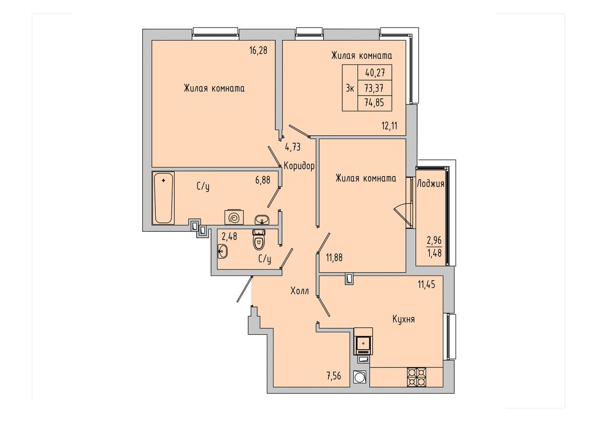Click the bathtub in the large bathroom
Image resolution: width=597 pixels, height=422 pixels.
pyautogui.click(x=163, y=198)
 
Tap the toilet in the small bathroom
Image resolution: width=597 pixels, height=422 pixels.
pyautogui.click(x=258, y=240)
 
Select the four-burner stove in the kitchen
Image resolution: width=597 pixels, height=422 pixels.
pyautogui.click(x=417, y=377)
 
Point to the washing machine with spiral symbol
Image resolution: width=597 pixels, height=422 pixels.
pyautogui.click(x=234, y=217)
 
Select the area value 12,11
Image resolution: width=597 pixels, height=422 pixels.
pyautogui.click(x=389, y=125)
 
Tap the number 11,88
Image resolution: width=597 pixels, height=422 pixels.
pyautogui.click(x=334, y=258)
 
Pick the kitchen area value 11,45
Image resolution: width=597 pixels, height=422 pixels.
pyautogui.click(x=426, y=284)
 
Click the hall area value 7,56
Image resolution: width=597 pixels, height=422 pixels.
pyautogui.click(x=333, y=376)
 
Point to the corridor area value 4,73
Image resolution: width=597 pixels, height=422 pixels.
pyautogui.click(x=293, y=147)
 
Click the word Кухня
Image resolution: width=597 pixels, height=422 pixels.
pyautogui.click(x=403, y=319)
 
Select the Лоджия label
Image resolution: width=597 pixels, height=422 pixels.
pyautogui.click(x=430, y=184)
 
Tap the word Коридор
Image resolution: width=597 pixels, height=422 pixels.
pyautogui.click(x=299, y=166)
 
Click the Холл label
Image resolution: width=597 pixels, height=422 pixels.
pyautogui.click(x=299, y=291)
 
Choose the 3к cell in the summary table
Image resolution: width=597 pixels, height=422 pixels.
pyautogui.click(x=350, y=88)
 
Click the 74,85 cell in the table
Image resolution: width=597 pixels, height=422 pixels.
pyautogui.click(x=375, y=103)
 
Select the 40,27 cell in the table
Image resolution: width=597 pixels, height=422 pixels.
pyautogui.click(x=375, y=72)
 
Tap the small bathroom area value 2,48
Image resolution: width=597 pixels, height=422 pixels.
pyautogui.click(x=229, y=236)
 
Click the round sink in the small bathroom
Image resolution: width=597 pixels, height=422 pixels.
pyautogui.click(x=222, y=251)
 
